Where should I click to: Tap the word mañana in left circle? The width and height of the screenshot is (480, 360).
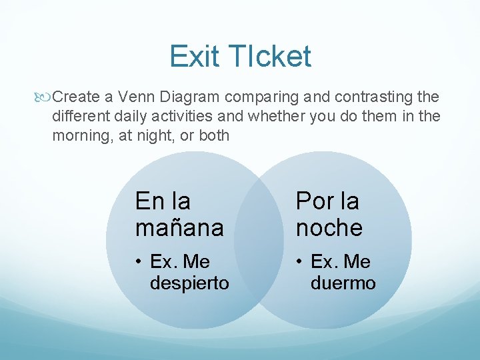click(179, 228)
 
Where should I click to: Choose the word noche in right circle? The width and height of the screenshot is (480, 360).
click(329, 228)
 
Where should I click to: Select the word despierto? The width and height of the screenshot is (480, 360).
click(189, 283)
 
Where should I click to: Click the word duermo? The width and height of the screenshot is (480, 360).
click(343, 283)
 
